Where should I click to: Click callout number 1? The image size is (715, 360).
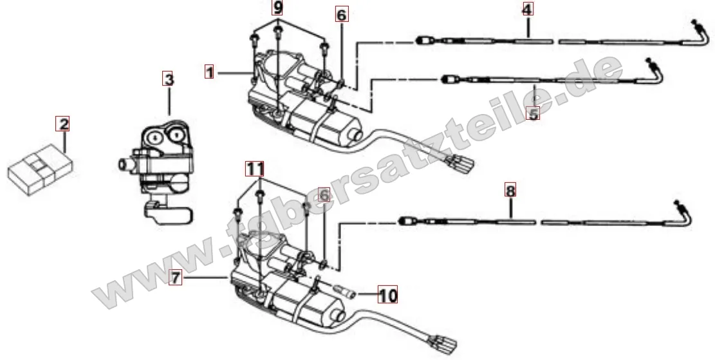pyautogui.click(x=209, y=72)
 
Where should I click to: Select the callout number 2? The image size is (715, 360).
pyautogui.click(x=62, y=124)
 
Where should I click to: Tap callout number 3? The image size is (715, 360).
pyautogui.click(x=168, y=80)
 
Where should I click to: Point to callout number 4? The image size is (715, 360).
pyautogui.click(x=527, y=10)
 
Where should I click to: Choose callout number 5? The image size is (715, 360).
pyautogui.click(x=532, y=114)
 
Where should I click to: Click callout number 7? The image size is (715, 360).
pyautogui.click(x=174, y=278)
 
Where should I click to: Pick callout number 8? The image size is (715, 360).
pyautogui.click(x=510, y=191)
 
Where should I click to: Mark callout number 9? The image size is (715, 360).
pyautogui.click(x=277, y=9)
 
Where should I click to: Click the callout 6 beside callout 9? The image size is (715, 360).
pyautogui.click(x=341, y=14)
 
